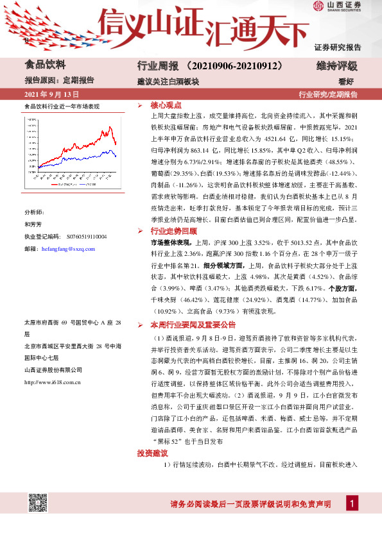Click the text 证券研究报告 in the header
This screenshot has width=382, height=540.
338,47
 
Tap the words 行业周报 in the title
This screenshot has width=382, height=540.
157,65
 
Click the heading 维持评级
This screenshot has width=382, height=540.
337,65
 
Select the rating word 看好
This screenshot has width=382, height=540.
347,81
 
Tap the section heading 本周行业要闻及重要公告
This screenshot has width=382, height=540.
193,325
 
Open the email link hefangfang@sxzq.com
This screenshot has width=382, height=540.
67,248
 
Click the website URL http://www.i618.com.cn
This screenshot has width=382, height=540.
52,382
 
